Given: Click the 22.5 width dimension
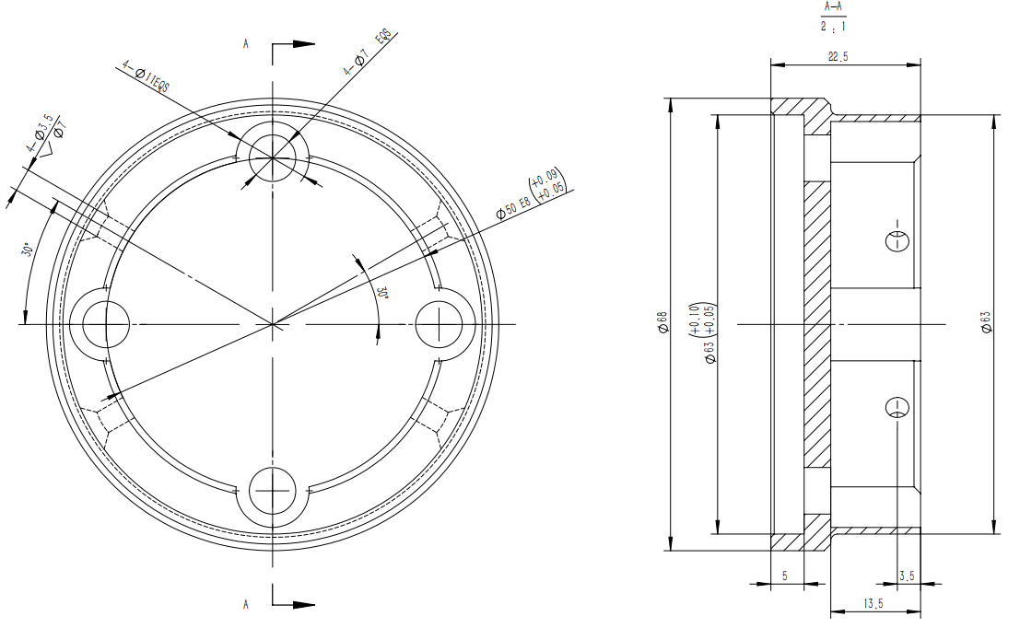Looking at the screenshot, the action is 838,56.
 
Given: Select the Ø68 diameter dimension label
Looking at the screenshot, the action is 662,322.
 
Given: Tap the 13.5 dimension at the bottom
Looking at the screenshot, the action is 873,603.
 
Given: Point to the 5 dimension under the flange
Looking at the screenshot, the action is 784,576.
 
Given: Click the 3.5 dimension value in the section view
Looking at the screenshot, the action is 907,576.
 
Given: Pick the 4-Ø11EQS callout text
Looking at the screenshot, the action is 146,76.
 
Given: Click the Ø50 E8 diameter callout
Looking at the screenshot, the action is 514,207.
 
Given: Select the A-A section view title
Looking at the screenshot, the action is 833,7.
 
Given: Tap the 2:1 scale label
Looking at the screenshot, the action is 833,27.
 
